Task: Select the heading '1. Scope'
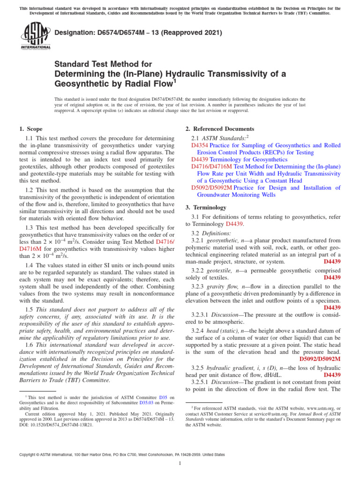[30, 129]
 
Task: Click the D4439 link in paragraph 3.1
[234, 224]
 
